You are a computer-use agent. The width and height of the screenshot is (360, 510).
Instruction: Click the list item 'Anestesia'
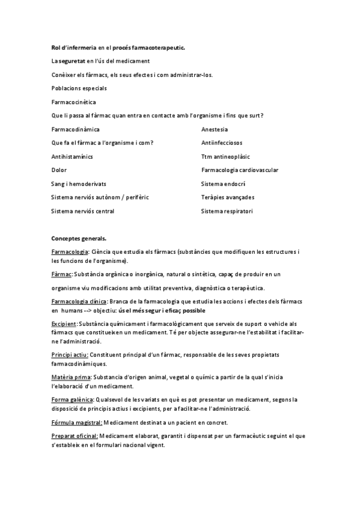[215, 129]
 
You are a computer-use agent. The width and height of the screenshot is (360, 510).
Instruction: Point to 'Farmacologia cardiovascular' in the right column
[240, 170]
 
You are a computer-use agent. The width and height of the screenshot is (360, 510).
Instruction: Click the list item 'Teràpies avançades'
[228, 197]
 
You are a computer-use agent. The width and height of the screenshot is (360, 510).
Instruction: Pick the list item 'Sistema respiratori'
[227, 211]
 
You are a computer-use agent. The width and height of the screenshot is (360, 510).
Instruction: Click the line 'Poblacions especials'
[75, 88]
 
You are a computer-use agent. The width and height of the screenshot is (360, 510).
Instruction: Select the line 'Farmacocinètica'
[70, 102]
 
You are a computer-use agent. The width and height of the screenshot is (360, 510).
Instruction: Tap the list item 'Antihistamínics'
[71, 156]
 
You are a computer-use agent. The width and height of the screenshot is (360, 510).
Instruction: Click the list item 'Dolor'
[59, 170]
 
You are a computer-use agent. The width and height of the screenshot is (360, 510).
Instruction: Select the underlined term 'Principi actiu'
[70, 355]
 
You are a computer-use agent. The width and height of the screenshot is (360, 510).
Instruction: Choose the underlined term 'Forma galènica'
[72, 399]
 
